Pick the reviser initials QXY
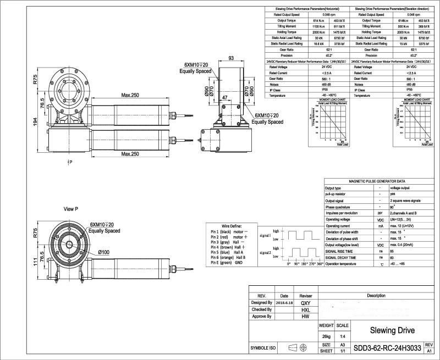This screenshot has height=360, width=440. click(306, 303)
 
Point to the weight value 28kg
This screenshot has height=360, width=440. click(327, 335)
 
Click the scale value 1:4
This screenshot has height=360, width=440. click(342, 335)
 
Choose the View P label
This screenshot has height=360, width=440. click(71, 209)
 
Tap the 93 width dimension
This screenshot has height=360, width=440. click(230, 58)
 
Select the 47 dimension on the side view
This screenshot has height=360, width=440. click(224, 97)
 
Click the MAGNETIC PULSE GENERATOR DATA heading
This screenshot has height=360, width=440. click(377, 181)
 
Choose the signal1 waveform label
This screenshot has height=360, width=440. click(265, 235)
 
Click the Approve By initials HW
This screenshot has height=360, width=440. click(306, 316)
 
